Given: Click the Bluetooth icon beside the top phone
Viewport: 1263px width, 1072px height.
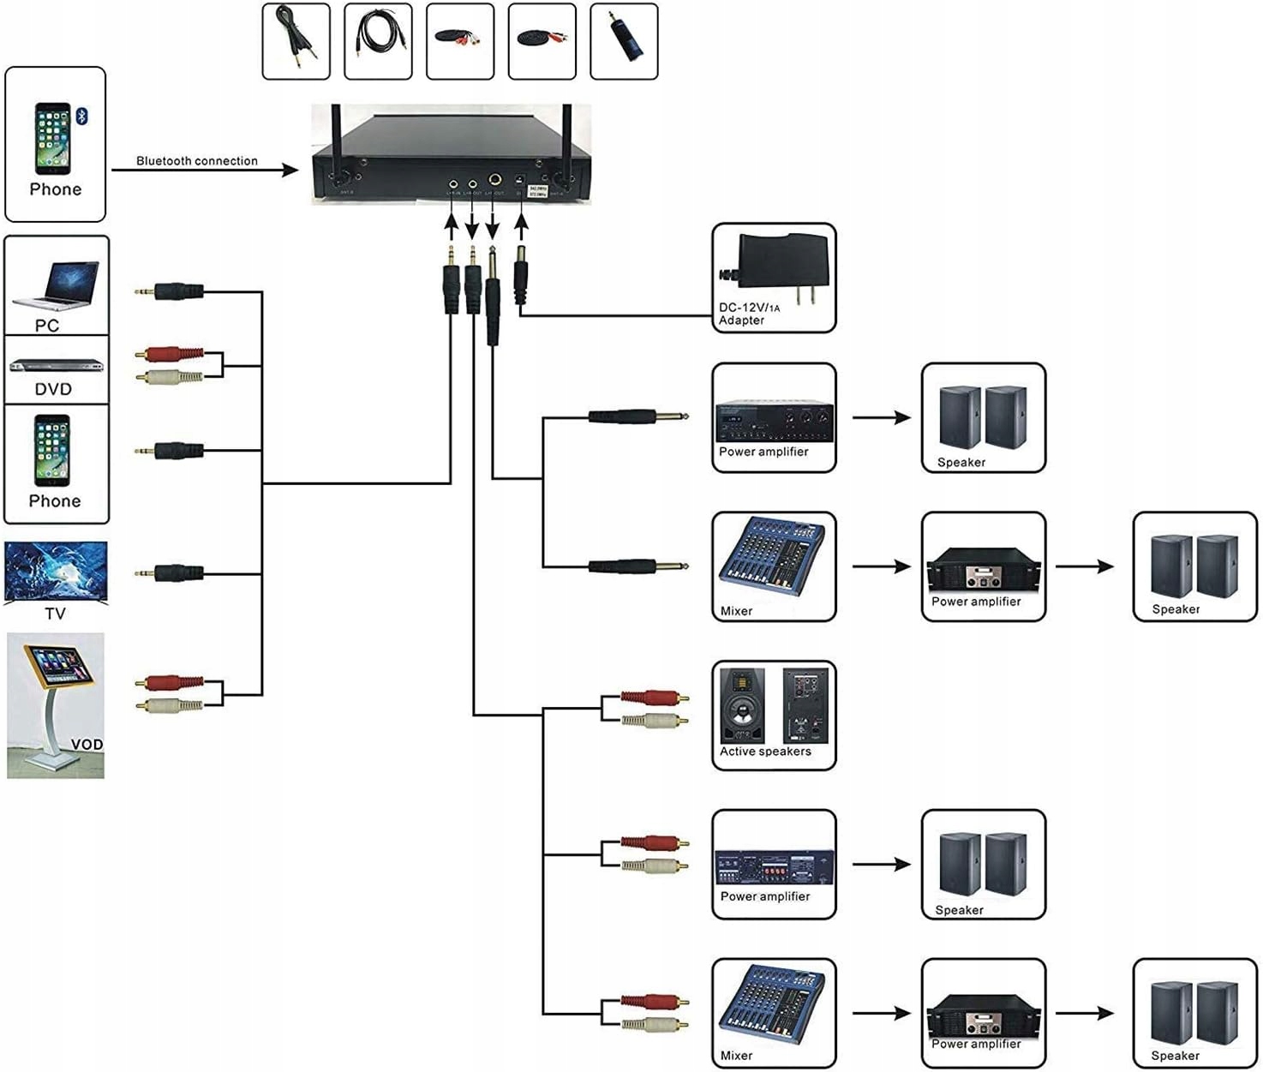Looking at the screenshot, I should [82, 117].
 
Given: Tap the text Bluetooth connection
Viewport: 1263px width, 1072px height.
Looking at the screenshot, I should [196, 161].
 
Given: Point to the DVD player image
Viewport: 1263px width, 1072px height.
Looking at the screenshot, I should [56, 366].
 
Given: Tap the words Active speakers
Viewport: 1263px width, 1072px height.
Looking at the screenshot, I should [765, 752].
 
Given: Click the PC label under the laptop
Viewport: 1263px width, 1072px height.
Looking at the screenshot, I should [47, 326].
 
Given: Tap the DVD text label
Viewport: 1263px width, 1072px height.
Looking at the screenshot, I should [53, 389].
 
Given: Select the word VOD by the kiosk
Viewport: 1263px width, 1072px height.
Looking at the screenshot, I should [87, 744].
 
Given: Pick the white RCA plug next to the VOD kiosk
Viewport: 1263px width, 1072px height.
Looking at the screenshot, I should [171, 705].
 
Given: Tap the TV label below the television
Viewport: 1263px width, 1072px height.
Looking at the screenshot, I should [55, 614].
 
